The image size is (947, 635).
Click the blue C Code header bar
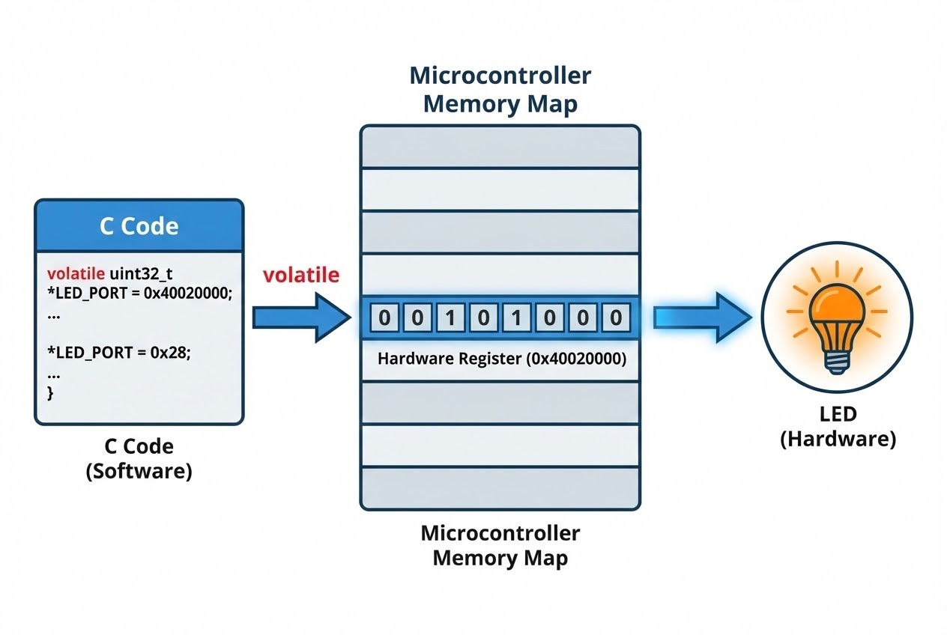coord(139,226)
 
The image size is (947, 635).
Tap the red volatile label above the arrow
coord(300,275)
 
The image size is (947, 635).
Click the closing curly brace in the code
coord(51,393)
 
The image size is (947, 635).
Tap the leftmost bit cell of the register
coord(384,317)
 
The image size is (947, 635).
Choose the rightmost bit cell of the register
coord(615,317)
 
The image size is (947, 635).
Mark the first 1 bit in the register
coord(450,317)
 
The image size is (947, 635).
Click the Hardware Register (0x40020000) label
coord(501,359)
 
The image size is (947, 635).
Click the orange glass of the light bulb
coord(836,306)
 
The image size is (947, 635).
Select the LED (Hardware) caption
coord(838,426)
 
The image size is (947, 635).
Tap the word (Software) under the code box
coord(139,472)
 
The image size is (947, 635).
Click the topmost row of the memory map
coord(500,147)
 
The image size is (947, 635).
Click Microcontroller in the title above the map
coord(500,76)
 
